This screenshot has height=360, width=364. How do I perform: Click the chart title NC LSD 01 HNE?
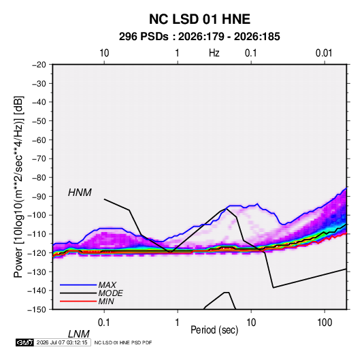tap(199, 19)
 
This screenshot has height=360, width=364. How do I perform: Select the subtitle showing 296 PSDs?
tap(199, 37)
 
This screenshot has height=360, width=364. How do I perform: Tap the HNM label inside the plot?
tap(80, 193)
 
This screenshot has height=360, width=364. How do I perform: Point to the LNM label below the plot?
tap(79, 334)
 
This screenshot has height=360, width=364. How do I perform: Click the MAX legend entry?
tap(107, 284)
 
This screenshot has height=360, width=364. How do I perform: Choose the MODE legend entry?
tap(110, 293)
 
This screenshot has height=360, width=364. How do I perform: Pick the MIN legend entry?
tap(106, 301)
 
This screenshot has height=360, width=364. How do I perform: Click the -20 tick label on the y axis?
tap(39, 65)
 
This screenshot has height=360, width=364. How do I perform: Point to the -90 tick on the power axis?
tap(39, 196)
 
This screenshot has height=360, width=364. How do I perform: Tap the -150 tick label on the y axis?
tap(37, 310)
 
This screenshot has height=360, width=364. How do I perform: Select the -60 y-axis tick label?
tap(39, 140)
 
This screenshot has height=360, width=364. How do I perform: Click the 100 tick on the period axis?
tap(325, 323)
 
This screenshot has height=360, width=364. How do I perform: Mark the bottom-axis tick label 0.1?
tap(104, 323)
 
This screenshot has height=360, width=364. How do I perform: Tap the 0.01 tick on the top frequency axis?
tap(324, 53)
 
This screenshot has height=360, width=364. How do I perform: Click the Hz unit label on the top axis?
tap(214, 53)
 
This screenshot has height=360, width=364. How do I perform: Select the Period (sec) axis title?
tap(214, 330)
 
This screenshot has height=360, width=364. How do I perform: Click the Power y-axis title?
tap(18, 187)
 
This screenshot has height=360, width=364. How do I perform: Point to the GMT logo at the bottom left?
tap(25, 342)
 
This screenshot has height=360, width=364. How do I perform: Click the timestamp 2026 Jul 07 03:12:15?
tap(62, 342)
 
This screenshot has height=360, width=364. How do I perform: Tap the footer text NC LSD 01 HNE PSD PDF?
tap(123, 342)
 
